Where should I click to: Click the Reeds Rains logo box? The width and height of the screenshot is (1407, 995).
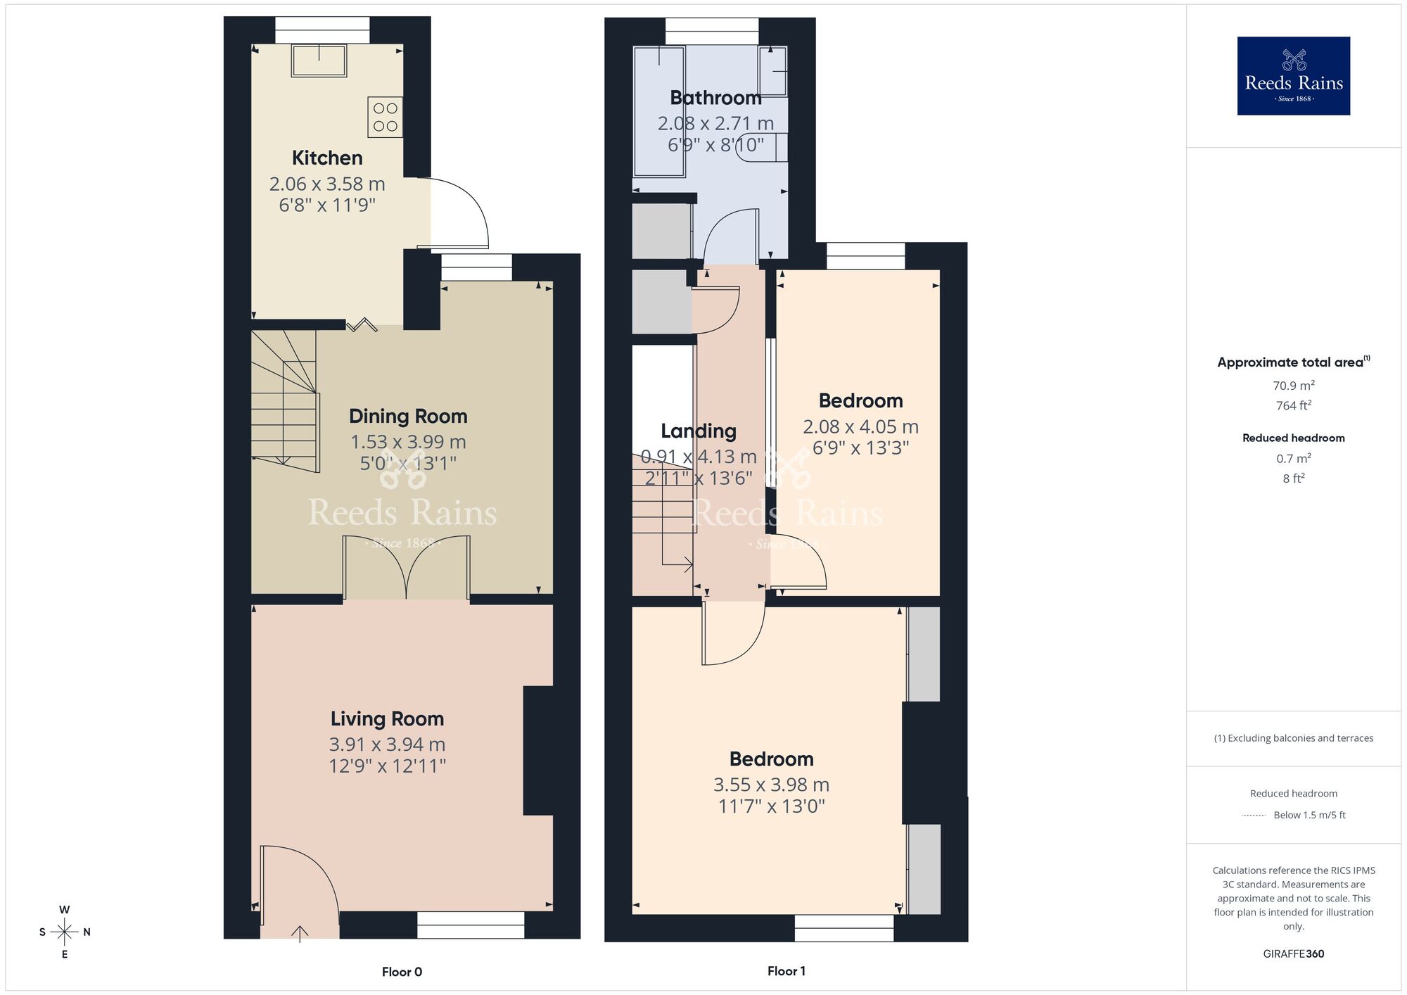[x=1293, y=76]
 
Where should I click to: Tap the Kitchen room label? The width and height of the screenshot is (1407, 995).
[x=327, y=158]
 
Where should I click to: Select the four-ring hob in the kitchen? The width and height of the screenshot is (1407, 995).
[x=385, y=117]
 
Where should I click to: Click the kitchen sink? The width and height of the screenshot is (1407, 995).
[x=319, y=61]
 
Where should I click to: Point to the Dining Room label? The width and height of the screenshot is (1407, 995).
[x=408, y=416]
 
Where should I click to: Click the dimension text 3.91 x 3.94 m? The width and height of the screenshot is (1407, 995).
[x=387, y=744]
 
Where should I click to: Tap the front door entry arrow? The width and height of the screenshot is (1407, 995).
[x=300, y=933]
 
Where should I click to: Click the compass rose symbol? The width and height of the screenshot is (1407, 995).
[x=65, y=932]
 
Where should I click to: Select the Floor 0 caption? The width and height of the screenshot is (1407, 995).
[x=402, y=972]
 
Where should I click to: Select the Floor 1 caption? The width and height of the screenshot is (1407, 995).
[x=786, y=971]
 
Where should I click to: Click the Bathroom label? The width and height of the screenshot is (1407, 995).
[x=715, y=98]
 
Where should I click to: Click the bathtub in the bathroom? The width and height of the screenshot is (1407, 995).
[x=659, y=111]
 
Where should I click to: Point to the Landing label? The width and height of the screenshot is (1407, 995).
[x=698, y=431]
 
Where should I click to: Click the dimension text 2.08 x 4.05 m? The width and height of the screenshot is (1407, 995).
[x=860, y=426]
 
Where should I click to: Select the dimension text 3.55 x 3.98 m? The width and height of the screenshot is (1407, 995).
[x=771, y=785]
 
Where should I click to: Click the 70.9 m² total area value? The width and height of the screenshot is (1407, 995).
[x=1293, y=386]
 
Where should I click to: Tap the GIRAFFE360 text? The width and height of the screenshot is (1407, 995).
[x=1293, y=953]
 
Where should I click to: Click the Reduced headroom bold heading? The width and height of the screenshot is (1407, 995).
[x=1293, y=438]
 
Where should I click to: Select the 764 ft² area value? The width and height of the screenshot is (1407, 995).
[x=1293, y=405]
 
